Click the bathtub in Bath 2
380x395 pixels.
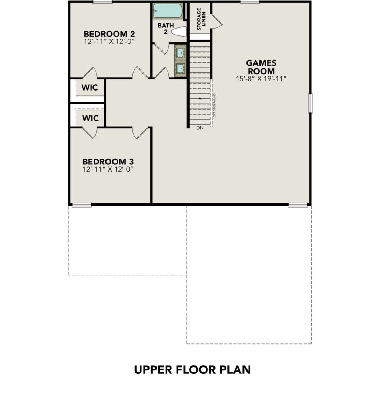[168, 11]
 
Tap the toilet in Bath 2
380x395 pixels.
[179, 32]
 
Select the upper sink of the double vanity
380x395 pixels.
[180, 53]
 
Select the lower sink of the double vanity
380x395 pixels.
[180, 68]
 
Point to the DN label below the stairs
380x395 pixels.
[200, 128]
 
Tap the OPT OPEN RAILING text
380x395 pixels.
[214, 106]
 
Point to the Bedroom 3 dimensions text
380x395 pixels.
[108, 169]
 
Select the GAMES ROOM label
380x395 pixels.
[261, 67]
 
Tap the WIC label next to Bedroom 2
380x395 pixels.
[90, 88]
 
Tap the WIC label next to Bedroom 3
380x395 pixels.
[90, 118]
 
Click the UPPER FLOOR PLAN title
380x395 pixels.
[192, 370]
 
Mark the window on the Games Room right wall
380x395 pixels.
[311, 103]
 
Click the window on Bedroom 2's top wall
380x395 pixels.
[102, 2]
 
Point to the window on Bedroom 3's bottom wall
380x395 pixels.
[81, 204]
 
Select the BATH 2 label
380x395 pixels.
[165, 29]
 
